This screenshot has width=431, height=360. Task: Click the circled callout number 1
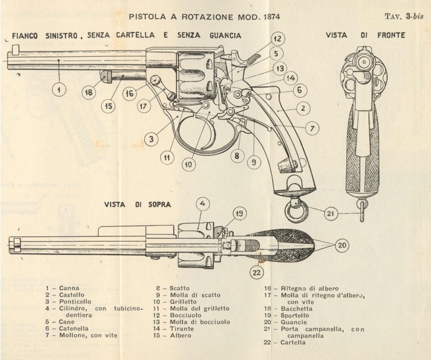pos(59,90)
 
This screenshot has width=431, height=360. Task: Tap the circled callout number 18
pos(89,93)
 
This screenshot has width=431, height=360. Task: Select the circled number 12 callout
pos(276,38)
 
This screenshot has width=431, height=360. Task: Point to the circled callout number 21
pos(330,214)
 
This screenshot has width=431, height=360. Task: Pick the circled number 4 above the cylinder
pos(202,205)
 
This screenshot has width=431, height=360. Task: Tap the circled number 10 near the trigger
pos(188,163)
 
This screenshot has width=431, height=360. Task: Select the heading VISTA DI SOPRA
pos(138,205)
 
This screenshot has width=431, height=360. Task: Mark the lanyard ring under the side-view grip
pos(295,211)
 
